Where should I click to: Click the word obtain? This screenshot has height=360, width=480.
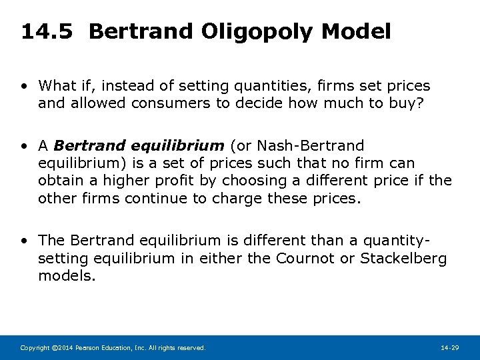click(59, 180)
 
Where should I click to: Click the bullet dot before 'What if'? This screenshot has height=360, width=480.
click(25, 87)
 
